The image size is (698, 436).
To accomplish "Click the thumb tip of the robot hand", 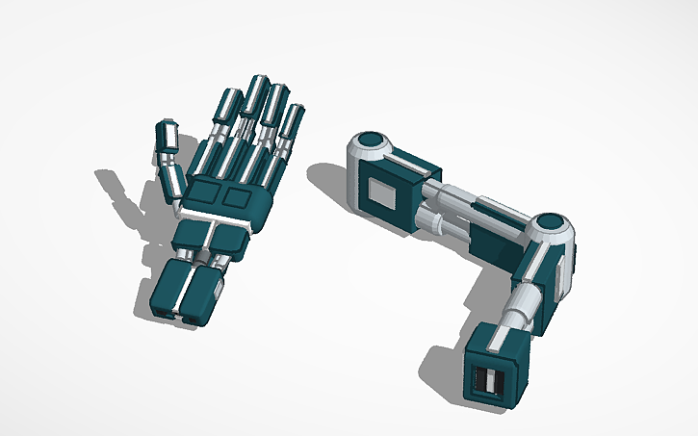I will (x=167, y=135).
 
